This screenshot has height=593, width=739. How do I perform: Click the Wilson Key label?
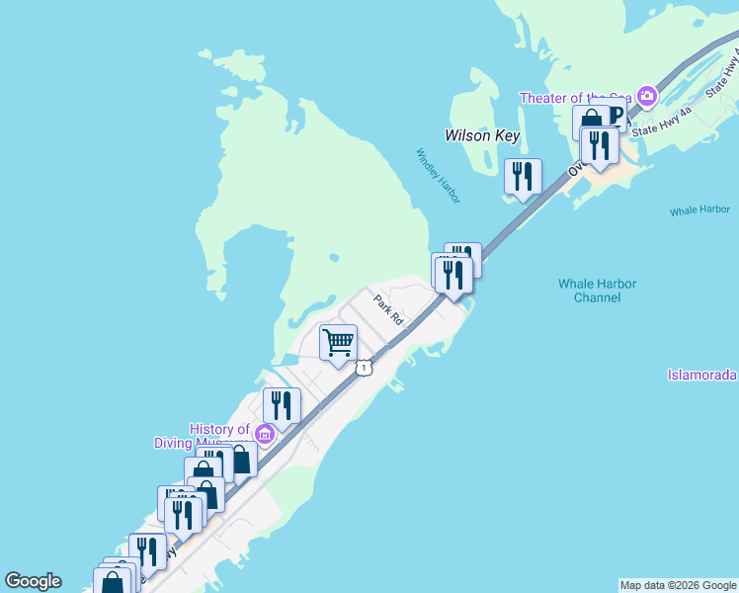coord(481,135)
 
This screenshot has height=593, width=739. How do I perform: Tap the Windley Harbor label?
coord(438,176)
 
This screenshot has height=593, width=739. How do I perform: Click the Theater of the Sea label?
coord(576,97)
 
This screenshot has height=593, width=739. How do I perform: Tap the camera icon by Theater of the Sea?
coord(647,96)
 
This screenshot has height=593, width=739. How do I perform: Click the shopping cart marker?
coord(339,342)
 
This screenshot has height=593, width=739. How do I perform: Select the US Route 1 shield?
coord(365,368)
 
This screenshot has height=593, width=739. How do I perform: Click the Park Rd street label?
coord(388,309)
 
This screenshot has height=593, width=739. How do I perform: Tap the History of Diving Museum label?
coord(205,436)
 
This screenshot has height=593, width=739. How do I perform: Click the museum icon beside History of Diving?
coord(264,434)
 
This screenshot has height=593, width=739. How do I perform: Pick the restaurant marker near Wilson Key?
coord(523,176)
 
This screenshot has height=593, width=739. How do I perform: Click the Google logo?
coord(33,581)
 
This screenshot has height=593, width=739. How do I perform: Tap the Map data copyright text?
coord(678,585)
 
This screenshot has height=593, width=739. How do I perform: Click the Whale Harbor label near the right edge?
coord(698,211)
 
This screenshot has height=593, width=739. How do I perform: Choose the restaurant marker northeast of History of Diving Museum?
coord(282,405)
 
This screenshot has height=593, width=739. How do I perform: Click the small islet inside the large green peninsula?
coord(335,258)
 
